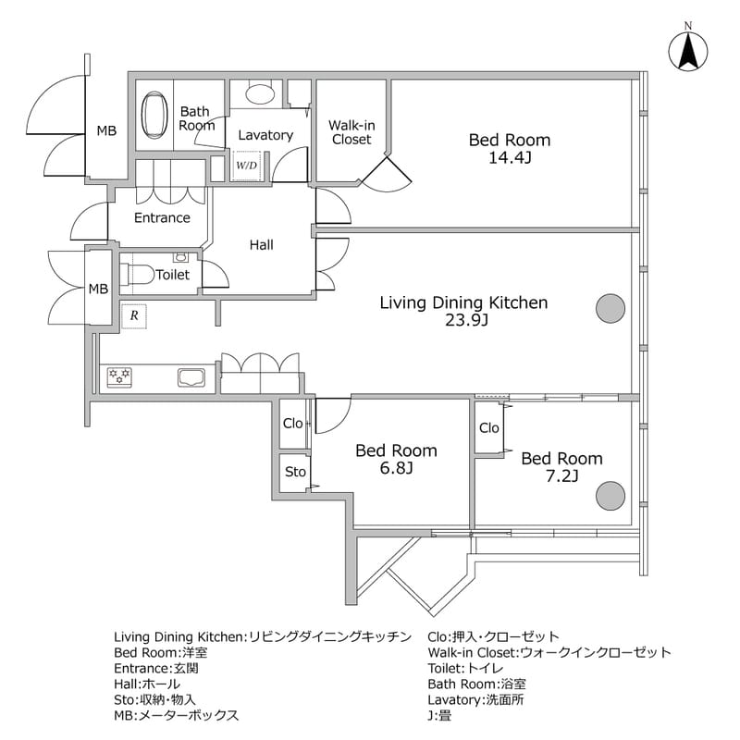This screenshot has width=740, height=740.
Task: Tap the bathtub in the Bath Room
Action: (x=154, y=118)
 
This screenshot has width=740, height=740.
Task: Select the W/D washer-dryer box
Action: (x=246, y=166)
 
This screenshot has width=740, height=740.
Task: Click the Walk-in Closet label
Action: (x=351, y=132)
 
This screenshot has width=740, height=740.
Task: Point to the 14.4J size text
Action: (x=510, y=158)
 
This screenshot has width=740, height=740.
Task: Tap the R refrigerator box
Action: (x=135, y=314)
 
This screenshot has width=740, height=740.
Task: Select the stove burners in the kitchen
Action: (x=120, y=376)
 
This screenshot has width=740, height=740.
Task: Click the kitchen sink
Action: (x=193, y=376)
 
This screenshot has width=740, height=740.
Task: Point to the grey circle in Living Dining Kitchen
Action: (x=609, y=308)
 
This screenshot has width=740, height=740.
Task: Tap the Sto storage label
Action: (x=295, y=472)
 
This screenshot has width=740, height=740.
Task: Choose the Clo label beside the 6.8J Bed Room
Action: (x=293, y=424)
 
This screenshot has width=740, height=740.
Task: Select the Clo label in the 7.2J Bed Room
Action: (x=489, y=428)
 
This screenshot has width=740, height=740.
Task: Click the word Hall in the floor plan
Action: (x=261, y=245)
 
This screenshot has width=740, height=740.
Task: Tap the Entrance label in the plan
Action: (x=162, y=218)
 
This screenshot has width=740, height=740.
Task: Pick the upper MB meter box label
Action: (x=107, y=131)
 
